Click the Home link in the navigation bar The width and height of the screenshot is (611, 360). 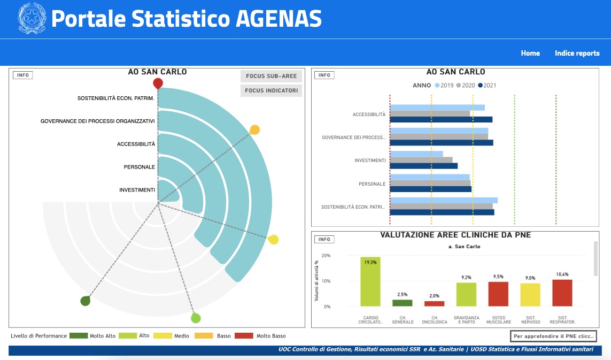(530, 53)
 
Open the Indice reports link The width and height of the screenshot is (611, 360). (577, 53)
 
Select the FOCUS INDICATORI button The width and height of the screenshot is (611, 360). (271, 91)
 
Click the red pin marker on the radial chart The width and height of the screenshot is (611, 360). (158, 83)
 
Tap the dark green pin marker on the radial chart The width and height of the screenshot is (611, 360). (85, 301)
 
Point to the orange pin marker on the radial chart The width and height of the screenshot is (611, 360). (255, 130)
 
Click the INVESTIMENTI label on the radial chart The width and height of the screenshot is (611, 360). (137, 190)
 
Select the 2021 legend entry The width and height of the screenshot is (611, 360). (487, 85)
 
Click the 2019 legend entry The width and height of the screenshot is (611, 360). (444, 85)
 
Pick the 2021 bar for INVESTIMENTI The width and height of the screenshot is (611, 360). (424, 166)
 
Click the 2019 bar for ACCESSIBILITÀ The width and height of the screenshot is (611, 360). (437, 108)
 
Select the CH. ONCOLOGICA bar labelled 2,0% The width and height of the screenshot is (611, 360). (434, 303)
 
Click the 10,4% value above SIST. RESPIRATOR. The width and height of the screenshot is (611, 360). (562, 274)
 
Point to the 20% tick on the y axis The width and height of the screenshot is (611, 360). (326, 256)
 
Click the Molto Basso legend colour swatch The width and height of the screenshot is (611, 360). (244, 336)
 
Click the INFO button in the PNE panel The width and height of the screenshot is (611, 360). (324, 239)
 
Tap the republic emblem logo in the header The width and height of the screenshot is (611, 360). (32, 19)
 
